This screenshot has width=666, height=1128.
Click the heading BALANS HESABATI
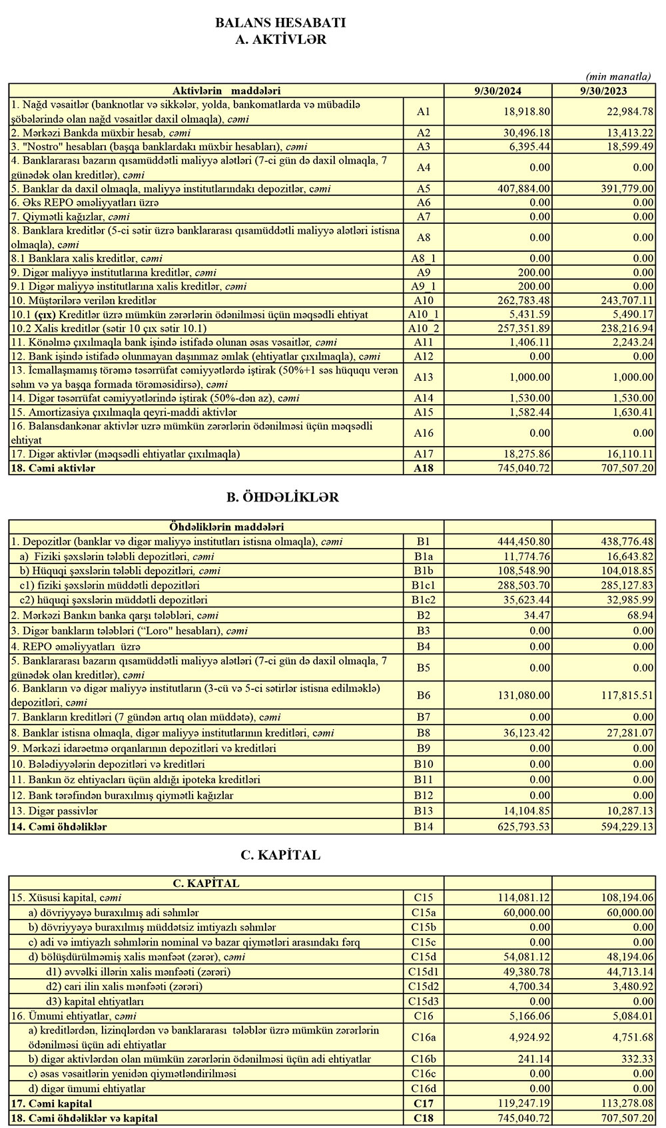pyautogui.click(x=280, y=23)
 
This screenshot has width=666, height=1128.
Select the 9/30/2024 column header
pyautogui.click(x=498, y=91)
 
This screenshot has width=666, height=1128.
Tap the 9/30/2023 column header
pyautogui.click(x=603, y=91)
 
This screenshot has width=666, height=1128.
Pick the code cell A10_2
pyautogui.click(x=424, y=328)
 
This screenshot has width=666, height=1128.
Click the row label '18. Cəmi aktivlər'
pyautogui.click(x=53, y=468)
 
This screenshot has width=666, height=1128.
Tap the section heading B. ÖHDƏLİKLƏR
pyautogui.click(x=282, y=497)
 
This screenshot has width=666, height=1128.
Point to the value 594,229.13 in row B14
pyautogui.click(x=623, y=826)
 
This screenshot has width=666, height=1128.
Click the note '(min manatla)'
pyautogui.click(x=618, y=76)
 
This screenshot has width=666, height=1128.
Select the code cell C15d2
pyautogui.click(x=424, y=986)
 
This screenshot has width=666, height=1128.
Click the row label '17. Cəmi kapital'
pyautogui.click(x=52, y=1103)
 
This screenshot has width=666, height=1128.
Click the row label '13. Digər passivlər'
pyautogui.click(x=55, y=810)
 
